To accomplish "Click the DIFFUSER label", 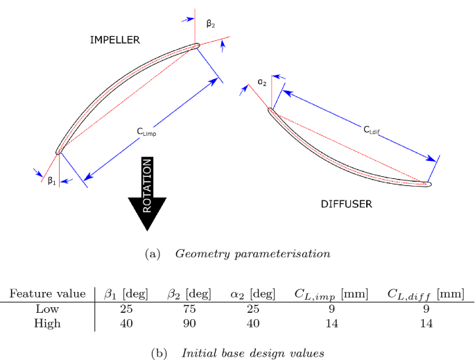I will (346, 204).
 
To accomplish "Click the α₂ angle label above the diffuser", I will (262, 82).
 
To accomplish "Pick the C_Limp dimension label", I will (146, 131).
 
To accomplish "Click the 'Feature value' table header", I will (47, 294).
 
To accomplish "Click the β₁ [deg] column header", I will (125, 294).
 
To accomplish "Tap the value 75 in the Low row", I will (189, 309).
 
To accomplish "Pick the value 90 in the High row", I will (189, 323).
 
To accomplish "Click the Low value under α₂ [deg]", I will (253, 309).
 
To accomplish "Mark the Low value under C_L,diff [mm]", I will (425, 309).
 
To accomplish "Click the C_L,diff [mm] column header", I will (425, 294).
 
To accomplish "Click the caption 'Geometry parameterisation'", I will (252, 254).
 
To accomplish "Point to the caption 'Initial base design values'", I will (252, 352).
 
